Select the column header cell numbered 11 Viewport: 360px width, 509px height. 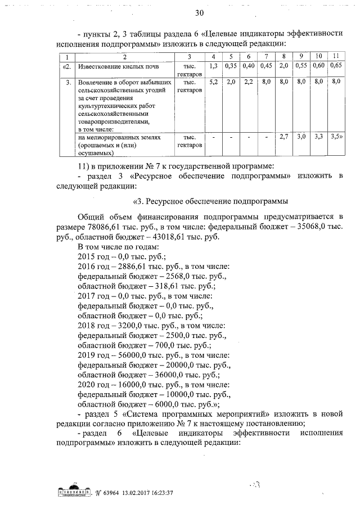coord(335,57)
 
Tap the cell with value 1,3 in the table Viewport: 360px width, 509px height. coord(214,66)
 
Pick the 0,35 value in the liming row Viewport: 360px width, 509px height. coord(231,66)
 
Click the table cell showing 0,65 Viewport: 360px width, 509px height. coord(336,66)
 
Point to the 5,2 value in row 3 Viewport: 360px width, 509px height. coord(214,82)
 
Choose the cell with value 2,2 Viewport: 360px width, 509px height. coord(248,82)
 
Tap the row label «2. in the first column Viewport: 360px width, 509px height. coord(67,67)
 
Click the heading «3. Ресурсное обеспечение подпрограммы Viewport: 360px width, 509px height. coord(210,201)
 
